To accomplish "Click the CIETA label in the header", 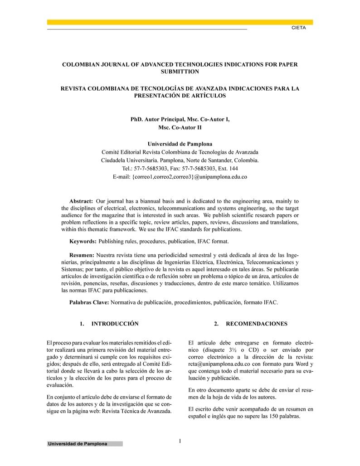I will click(x=299, y=28).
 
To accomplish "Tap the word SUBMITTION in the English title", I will click(x=180, y=72).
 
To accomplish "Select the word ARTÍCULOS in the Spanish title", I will click(x=203, y=96).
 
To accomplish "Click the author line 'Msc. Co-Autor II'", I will click(x=180, y=127).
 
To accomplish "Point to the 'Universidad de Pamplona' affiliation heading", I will click(x=180, y=144).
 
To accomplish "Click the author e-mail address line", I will click(x=180, y=177).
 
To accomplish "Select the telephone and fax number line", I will click(x=180, y=169).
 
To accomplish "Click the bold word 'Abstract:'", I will click(x=81, y=201).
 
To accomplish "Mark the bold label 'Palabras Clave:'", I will click(x=89, y=302).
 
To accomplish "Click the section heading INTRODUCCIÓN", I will click(x=115, y=324).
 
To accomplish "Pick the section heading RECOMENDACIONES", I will click(x=257, y=324).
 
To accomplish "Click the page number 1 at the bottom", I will click(x=180, y=441).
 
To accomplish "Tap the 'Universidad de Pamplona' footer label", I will click(x=78, y=444).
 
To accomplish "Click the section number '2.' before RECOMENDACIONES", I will click(x=217, y=324).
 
